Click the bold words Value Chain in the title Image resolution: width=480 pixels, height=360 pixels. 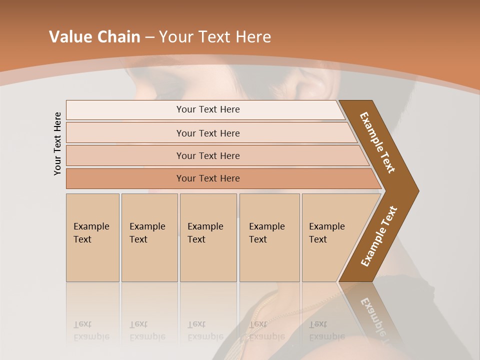click(94, 37)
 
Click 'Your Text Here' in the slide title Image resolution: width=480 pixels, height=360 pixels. click(215, 37)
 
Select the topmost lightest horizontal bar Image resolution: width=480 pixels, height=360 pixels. click(207, 109)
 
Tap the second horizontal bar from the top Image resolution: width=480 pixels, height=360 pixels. click(207, 133)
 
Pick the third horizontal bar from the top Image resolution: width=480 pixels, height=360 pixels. click(207, 155)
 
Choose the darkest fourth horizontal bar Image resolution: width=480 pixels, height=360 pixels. click(207, 178)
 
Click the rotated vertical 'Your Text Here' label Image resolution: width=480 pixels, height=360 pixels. click(57, 143)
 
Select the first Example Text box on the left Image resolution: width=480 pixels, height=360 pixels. click(92, 237)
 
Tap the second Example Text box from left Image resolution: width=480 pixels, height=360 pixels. click(149, 237)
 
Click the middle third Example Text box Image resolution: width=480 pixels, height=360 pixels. click(208, 237)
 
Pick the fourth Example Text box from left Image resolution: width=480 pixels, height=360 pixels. click(269, 237)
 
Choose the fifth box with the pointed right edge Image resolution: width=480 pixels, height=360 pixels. click(330, 237)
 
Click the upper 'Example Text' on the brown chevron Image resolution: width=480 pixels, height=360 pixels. click(377, 142)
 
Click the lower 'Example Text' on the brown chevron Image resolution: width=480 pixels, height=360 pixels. click(379, 236)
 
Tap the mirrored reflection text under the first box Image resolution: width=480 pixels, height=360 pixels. click(91, 330)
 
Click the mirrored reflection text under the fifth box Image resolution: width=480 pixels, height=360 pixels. click(327, 330)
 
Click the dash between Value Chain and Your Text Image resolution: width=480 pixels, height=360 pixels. click(149, 37)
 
